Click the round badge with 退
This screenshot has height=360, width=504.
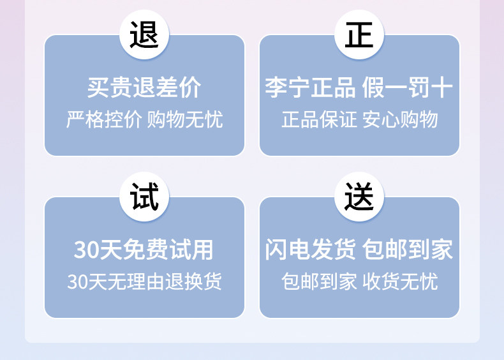[144, 35]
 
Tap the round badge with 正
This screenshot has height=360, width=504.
[359, 35]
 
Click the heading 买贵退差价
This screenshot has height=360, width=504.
[144, 88]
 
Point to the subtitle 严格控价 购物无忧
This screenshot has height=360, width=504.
[144, 119]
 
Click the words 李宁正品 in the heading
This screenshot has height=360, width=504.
[310, 88]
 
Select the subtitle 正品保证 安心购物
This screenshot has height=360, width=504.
[359, 119]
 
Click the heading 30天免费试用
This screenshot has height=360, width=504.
[144, 250]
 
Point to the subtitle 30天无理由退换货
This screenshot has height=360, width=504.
[144, 281]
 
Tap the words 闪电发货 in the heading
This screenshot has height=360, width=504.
[310, 250]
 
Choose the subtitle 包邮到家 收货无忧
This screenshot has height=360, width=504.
[359, 281]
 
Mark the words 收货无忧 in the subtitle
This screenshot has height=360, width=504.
[400, 281]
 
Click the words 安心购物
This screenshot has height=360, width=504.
[400, 119]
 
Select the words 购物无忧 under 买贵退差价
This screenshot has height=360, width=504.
[185, 119]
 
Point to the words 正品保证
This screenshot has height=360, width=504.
[319, 119]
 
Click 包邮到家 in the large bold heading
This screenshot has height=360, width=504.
[408, 250]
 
